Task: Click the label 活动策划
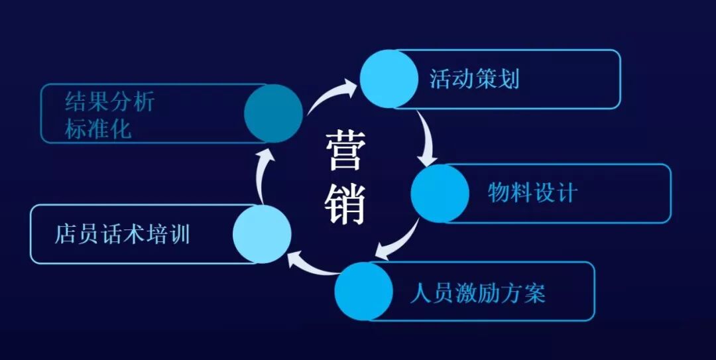474,79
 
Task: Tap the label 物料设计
532,193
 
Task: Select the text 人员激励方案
477,292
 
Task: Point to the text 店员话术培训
122,235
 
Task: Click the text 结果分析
109,102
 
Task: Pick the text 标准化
98,128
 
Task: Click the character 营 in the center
344,151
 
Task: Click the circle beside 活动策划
389,78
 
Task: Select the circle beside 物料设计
440,193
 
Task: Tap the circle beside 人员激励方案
363,292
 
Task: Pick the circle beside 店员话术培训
263,234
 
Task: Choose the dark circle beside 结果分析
273,113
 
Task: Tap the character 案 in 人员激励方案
535,292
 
